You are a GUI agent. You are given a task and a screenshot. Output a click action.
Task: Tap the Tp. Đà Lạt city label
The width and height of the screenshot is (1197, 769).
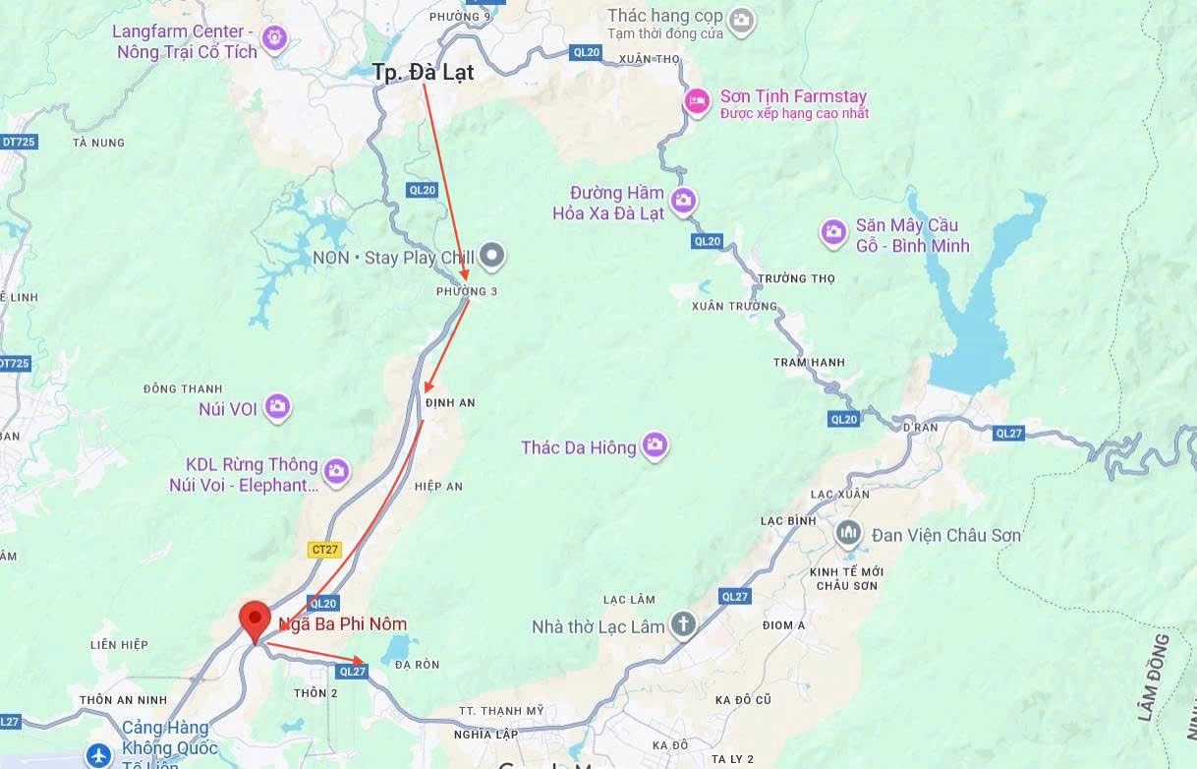(x=424, y=72)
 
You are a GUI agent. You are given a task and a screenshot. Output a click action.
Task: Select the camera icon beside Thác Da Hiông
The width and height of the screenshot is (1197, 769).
(x=655, y=446)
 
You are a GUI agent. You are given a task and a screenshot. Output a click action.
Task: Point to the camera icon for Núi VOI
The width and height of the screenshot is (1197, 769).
(x=277, y=406)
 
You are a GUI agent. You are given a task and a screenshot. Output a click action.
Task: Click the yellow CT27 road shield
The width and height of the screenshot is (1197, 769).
(x=324, y=550)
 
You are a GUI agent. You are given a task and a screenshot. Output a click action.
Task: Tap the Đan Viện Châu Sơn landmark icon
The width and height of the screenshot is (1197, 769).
(x=847, y=535)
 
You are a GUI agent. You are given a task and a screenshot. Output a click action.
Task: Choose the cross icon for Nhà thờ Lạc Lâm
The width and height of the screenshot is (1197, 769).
(x=682, y=625)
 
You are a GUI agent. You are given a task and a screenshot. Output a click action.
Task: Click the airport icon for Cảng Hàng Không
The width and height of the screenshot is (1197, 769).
(x=98, y=755)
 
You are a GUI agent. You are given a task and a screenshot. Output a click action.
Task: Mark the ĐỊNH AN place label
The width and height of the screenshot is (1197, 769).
(x=451, y=402)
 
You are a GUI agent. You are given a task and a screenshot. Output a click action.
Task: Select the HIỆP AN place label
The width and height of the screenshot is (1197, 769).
(x=438, y=487)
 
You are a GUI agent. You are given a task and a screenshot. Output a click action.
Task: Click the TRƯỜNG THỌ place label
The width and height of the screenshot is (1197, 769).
(x=796, y=279)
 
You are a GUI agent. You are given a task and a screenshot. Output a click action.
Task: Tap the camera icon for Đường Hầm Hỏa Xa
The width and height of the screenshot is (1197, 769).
(x=683, y=202)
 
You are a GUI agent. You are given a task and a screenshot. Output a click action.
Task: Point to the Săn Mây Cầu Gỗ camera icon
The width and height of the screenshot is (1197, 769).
(x=833, y=233)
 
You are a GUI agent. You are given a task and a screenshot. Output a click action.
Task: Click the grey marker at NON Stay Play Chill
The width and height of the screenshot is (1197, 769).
(x=493, y=257)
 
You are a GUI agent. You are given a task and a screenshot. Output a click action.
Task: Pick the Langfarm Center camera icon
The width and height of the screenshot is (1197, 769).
(x=274, y=38)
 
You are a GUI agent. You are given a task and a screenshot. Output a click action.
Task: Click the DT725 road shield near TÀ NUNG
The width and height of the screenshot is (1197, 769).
(x=18, y=142)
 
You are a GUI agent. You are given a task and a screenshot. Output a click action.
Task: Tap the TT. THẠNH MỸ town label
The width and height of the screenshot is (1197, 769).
(x=500, y=711)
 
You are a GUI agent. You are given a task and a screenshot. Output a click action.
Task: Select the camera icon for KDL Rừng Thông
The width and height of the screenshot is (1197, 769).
(x=336, y=473)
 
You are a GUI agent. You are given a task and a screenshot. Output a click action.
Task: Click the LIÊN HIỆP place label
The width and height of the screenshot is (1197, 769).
(x=119, y=645)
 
